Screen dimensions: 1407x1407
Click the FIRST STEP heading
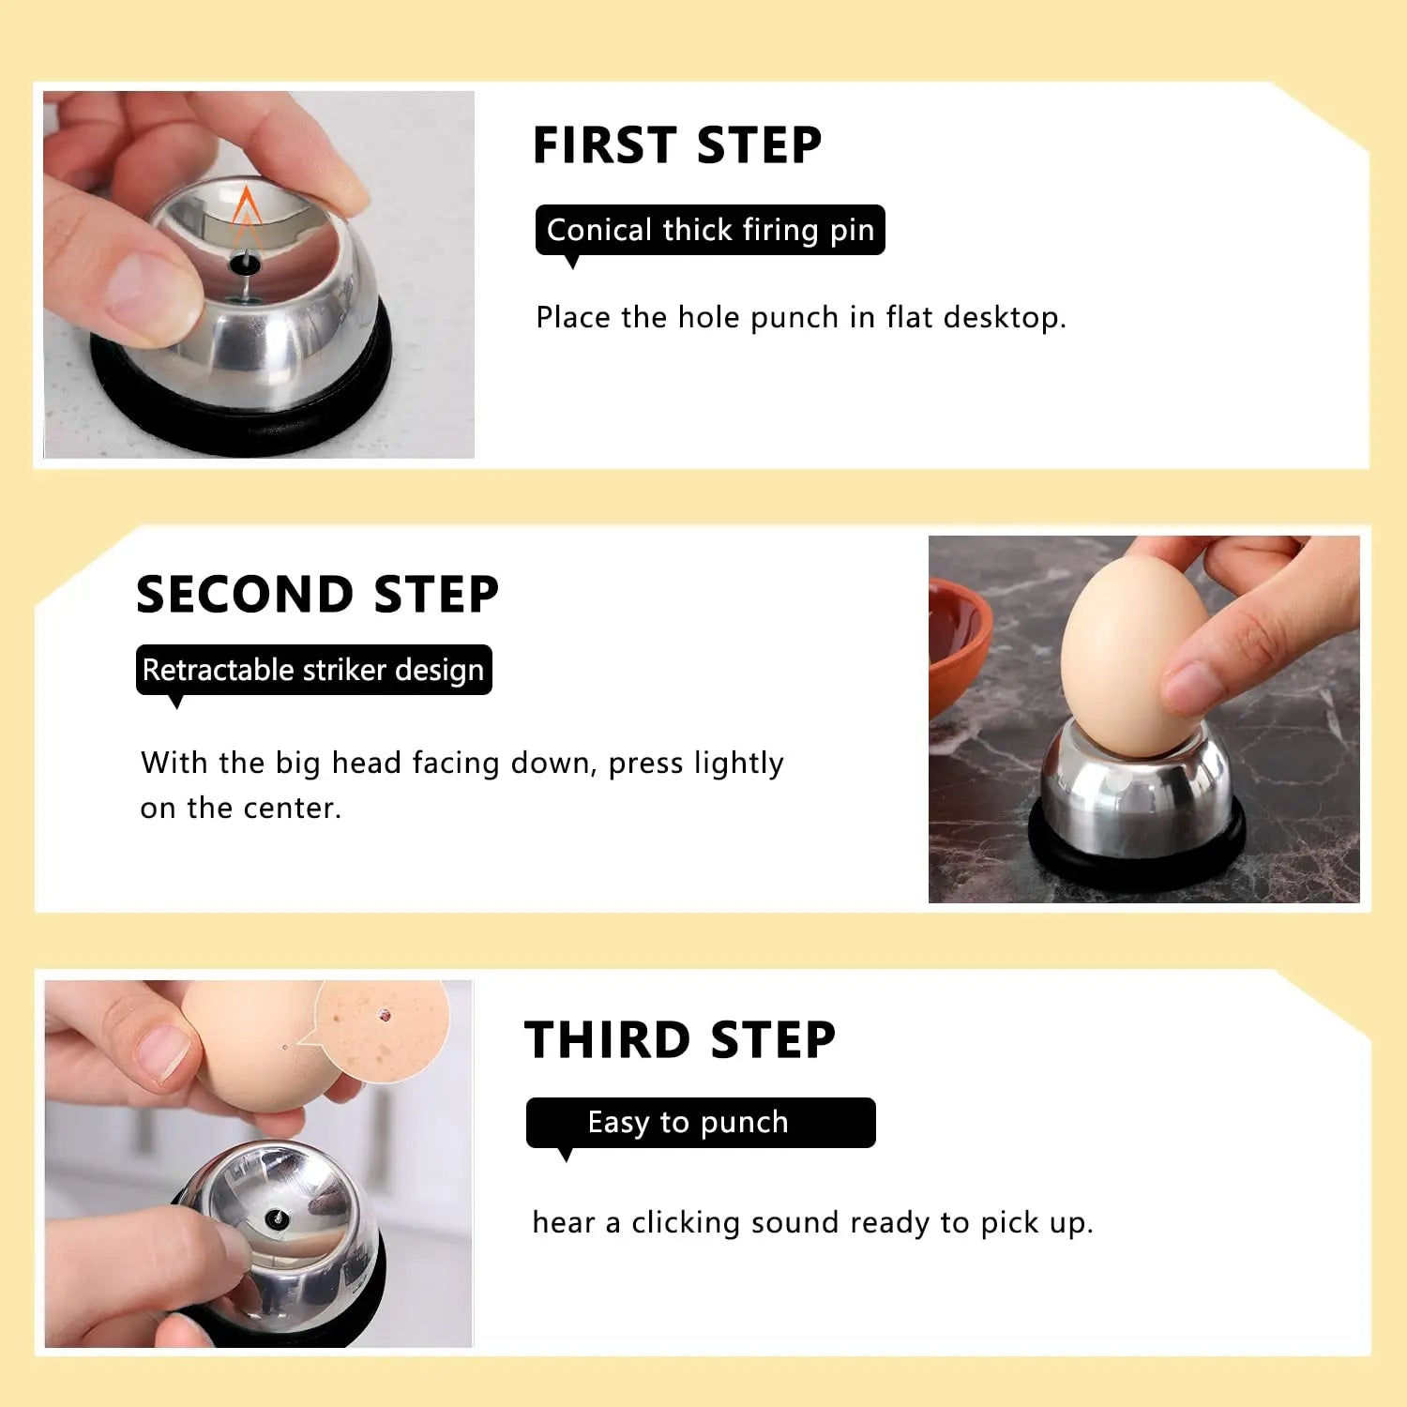pos(676,145)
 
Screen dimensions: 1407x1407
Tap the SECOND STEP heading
pos(317,595)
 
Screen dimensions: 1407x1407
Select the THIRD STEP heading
pos(679,1040)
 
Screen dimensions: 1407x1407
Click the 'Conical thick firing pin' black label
pos(710,230)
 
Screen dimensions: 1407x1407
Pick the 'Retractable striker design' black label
pos(313,670)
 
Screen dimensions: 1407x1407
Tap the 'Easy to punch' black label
pos(700,1122)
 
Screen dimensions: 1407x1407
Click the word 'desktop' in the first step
pos(1004,318)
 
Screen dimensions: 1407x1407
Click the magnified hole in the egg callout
pos(385,1015)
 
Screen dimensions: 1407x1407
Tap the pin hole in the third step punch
pos(276,1218)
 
